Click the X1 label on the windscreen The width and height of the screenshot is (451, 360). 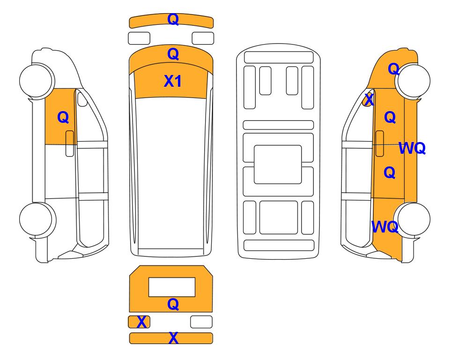coord(172,81)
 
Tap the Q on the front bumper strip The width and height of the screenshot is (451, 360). coord(173,19)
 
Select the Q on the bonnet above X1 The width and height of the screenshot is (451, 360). coord(173,54)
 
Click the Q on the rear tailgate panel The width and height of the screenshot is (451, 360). coord(173,304)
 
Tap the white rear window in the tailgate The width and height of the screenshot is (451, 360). coord(172,287)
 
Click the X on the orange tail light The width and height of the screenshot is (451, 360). coord(141,322)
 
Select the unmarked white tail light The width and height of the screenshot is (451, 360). coord(201,322)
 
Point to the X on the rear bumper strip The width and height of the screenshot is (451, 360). coord(173,338)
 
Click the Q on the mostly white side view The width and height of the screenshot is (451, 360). coord(63,117)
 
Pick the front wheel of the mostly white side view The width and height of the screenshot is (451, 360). coord(37,80)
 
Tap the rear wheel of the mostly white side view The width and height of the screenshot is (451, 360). coord(37,220)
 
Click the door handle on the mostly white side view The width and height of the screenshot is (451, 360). coord(70,143)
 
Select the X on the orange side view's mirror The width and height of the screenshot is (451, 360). coord(369,100)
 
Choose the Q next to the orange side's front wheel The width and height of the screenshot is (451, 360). coord(393,69)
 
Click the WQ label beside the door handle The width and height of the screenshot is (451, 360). coord(412,148)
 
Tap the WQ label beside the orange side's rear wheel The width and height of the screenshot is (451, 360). coord(385,227)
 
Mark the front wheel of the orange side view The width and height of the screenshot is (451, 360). coord(413,81)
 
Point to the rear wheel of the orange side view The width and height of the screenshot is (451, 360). coord(412,219)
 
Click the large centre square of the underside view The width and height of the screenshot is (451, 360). coord(278,165)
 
